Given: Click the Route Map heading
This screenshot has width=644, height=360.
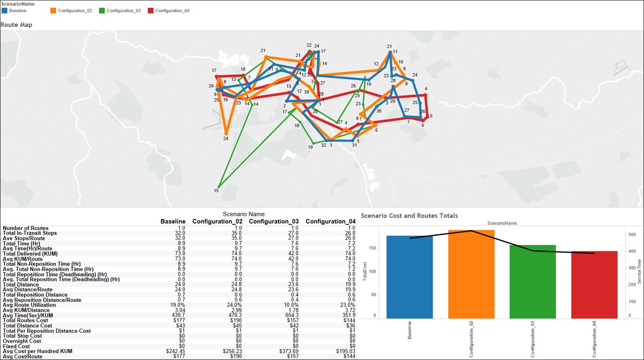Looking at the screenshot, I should [x=16, y=25].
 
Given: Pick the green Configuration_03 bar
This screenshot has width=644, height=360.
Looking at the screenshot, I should [x=532, y=281].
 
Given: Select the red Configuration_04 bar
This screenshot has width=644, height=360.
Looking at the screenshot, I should [x=594, y=285].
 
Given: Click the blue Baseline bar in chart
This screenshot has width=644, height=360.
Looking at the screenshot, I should [x=410, y=277].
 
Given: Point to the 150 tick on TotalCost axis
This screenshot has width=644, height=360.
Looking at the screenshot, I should [x=372, y=248].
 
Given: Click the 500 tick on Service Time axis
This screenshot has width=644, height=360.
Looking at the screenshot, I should [x=632, y=235].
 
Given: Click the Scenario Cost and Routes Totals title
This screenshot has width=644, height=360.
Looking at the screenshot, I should [x=409, y=216].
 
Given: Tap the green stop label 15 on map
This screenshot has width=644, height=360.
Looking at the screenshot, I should [x=216, y=191].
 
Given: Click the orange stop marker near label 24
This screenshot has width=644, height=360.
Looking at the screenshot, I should [x=226, y=133].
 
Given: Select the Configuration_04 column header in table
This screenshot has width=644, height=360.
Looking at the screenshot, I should [x=331, y=222].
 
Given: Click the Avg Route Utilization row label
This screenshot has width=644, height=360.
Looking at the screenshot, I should [x=29, y=305].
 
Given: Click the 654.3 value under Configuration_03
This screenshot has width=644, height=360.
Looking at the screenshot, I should [x=292, y=315].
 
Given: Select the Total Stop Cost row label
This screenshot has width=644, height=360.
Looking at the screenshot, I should [x=22, y=336].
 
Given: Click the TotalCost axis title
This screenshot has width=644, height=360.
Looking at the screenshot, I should [x=365, y=271].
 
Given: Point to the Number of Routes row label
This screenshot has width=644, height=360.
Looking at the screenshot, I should [x=26, y=228].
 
